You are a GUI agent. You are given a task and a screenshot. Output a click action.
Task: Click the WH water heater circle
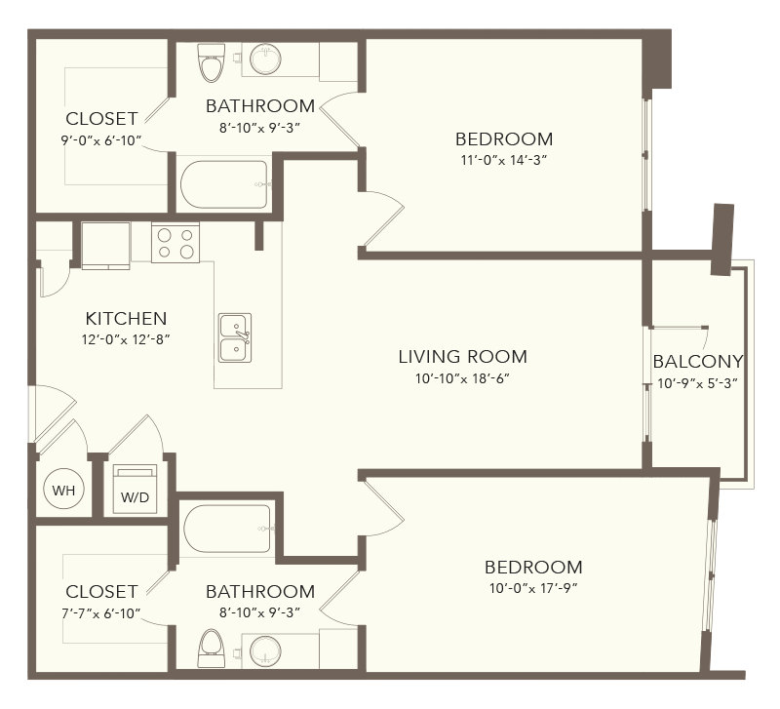[x=63, y=490]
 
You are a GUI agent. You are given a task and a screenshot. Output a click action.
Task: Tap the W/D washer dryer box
[x=135, y=490]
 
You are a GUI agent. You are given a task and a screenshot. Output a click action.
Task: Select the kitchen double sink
[x=235, y=337]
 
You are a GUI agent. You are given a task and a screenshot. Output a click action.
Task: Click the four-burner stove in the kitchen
[x=175, y=243]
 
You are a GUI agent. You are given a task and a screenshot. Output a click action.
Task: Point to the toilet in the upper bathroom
[x=212, y=62]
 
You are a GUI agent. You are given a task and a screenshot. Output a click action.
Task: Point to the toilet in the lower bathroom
[x=211, y=649]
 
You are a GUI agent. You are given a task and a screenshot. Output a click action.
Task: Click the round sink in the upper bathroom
[x=265, y=59]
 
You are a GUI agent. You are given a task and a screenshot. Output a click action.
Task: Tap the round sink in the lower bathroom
[x=265, y=651]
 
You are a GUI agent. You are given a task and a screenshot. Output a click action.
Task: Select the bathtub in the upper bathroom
[x=224, y=184]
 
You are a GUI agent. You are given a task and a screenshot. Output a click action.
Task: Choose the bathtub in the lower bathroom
[x=228, y=529]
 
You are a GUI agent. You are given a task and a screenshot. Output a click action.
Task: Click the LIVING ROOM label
[x=462, y=357]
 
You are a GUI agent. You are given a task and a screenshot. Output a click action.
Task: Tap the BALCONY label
[x=698, y=361]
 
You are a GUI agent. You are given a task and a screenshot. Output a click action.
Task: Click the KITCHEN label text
[x=126, y=319]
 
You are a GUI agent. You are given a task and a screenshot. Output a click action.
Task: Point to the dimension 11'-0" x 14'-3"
[x=504, y=160]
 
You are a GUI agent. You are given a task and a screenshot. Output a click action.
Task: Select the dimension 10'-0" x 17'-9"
[x=533, y=588]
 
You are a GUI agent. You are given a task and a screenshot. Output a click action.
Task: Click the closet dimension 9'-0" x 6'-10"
[x=101, y=140]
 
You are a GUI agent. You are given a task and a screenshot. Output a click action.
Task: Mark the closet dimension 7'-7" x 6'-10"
[x=101, y=613]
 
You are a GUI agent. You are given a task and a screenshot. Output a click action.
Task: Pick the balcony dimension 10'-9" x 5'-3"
[x=697, y=383]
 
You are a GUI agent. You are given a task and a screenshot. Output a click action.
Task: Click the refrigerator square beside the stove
[x=106, y=246]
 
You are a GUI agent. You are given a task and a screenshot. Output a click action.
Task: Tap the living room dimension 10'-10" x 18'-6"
[x=462, y=378]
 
